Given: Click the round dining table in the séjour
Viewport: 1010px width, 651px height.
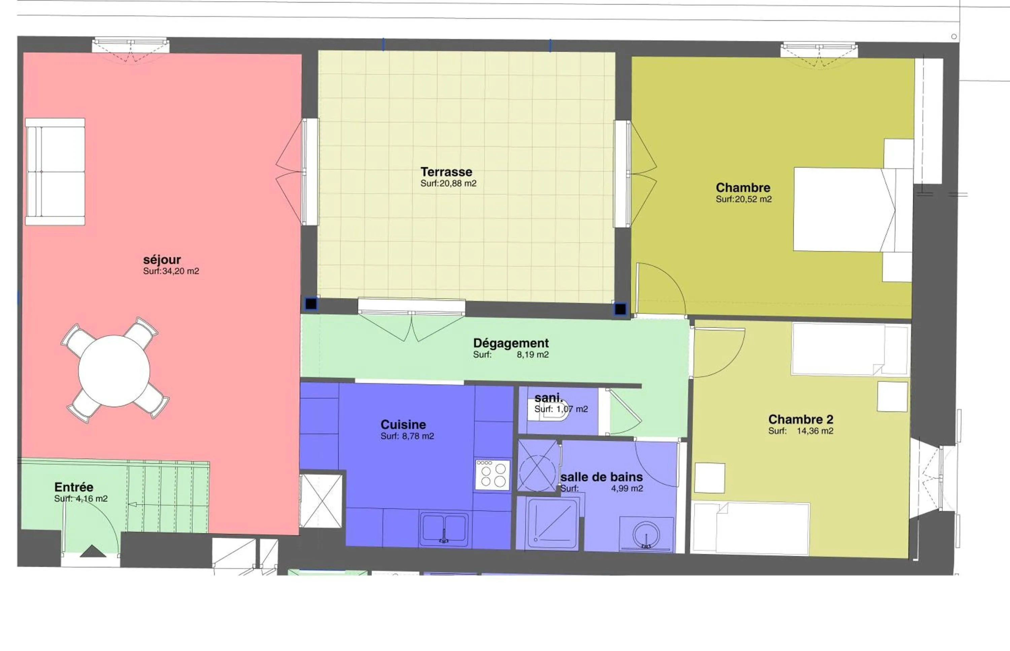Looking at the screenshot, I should (x=114, y=371).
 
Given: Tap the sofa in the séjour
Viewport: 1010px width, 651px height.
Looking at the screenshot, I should (x=55, y=171).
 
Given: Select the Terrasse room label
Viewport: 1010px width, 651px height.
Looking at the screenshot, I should (x=446, y=172).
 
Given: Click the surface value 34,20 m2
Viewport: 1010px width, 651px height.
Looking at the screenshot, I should (x=180, y=271).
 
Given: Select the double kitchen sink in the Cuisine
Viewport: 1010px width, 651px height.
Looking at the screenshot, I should (x=443, y=529).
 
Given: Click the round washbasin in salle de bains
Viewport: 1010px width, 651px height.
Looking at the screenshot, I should (x=646, y=535).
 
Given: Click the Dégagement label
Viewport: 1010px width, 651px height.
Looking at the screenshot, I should (x=511, y=343).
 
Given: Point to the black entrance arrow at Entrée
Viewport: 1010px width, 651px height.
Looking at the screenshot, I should (x=93, y=551).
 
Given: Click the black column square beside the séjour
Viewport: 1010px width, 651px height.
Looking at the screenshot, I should (x=311, y=304).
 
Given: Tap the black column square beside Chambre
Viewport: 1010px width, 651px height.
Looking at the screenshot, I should (x=620, y=309).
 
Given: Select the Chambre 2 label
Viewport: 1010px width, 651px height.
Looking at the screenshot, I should (x=800, y=419).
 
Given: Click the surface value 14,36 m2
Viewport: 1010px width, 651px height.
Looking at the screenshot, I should (x=815, y=431).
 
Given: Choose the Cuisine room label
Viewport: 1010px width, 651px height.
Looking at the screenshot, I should (x=403, y=424).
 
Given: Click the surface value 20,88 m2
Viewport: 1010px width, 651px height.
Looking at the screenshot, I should (x=458, y=183).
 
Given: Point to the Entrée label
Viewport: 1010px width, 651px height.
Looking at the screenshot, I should (x=74, y=487).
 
